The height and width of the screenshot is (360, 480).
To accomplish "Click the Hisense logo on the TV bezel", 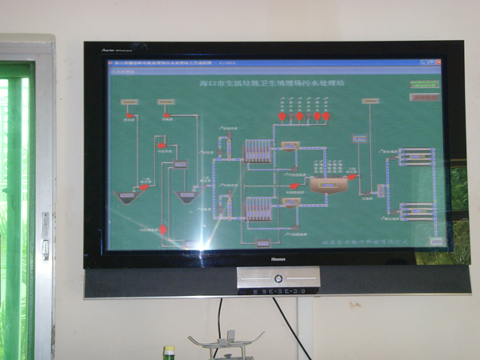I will coord(278,259).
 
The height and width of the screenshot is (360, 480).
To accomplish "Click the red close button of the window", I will coord(438,62).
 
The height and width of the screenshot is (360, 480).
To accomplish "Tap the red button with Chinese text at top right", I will coord(425,97).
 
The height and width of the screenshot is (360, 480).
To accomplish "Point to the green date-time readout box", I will coord(424,84).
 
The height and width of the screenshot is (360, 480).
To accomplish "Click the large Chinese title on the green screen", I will coord(272,83).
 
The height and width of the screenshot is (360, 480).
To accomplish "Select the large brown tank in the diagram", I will coord(328,185).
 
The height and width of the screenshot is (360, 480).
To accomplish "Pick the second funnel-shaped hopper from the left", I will coord(187,196).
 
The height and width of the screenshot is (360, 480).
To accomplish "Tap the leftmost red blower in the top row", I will coord(282,116).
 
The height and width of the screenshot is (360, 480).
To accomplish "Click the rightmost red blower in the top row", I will coord(326,116).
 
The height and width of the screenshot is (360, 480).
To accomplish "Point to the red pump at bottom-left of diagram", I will coord(163,229).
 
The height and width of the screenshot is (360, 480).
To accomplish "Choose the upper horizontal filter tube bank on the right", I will coord(416,156).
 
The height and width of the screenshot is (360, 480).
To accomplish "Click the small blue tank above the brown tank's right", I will coord(359,138).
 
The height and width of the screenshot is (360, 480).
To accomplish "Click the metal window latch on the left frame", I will coord(45,236).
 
